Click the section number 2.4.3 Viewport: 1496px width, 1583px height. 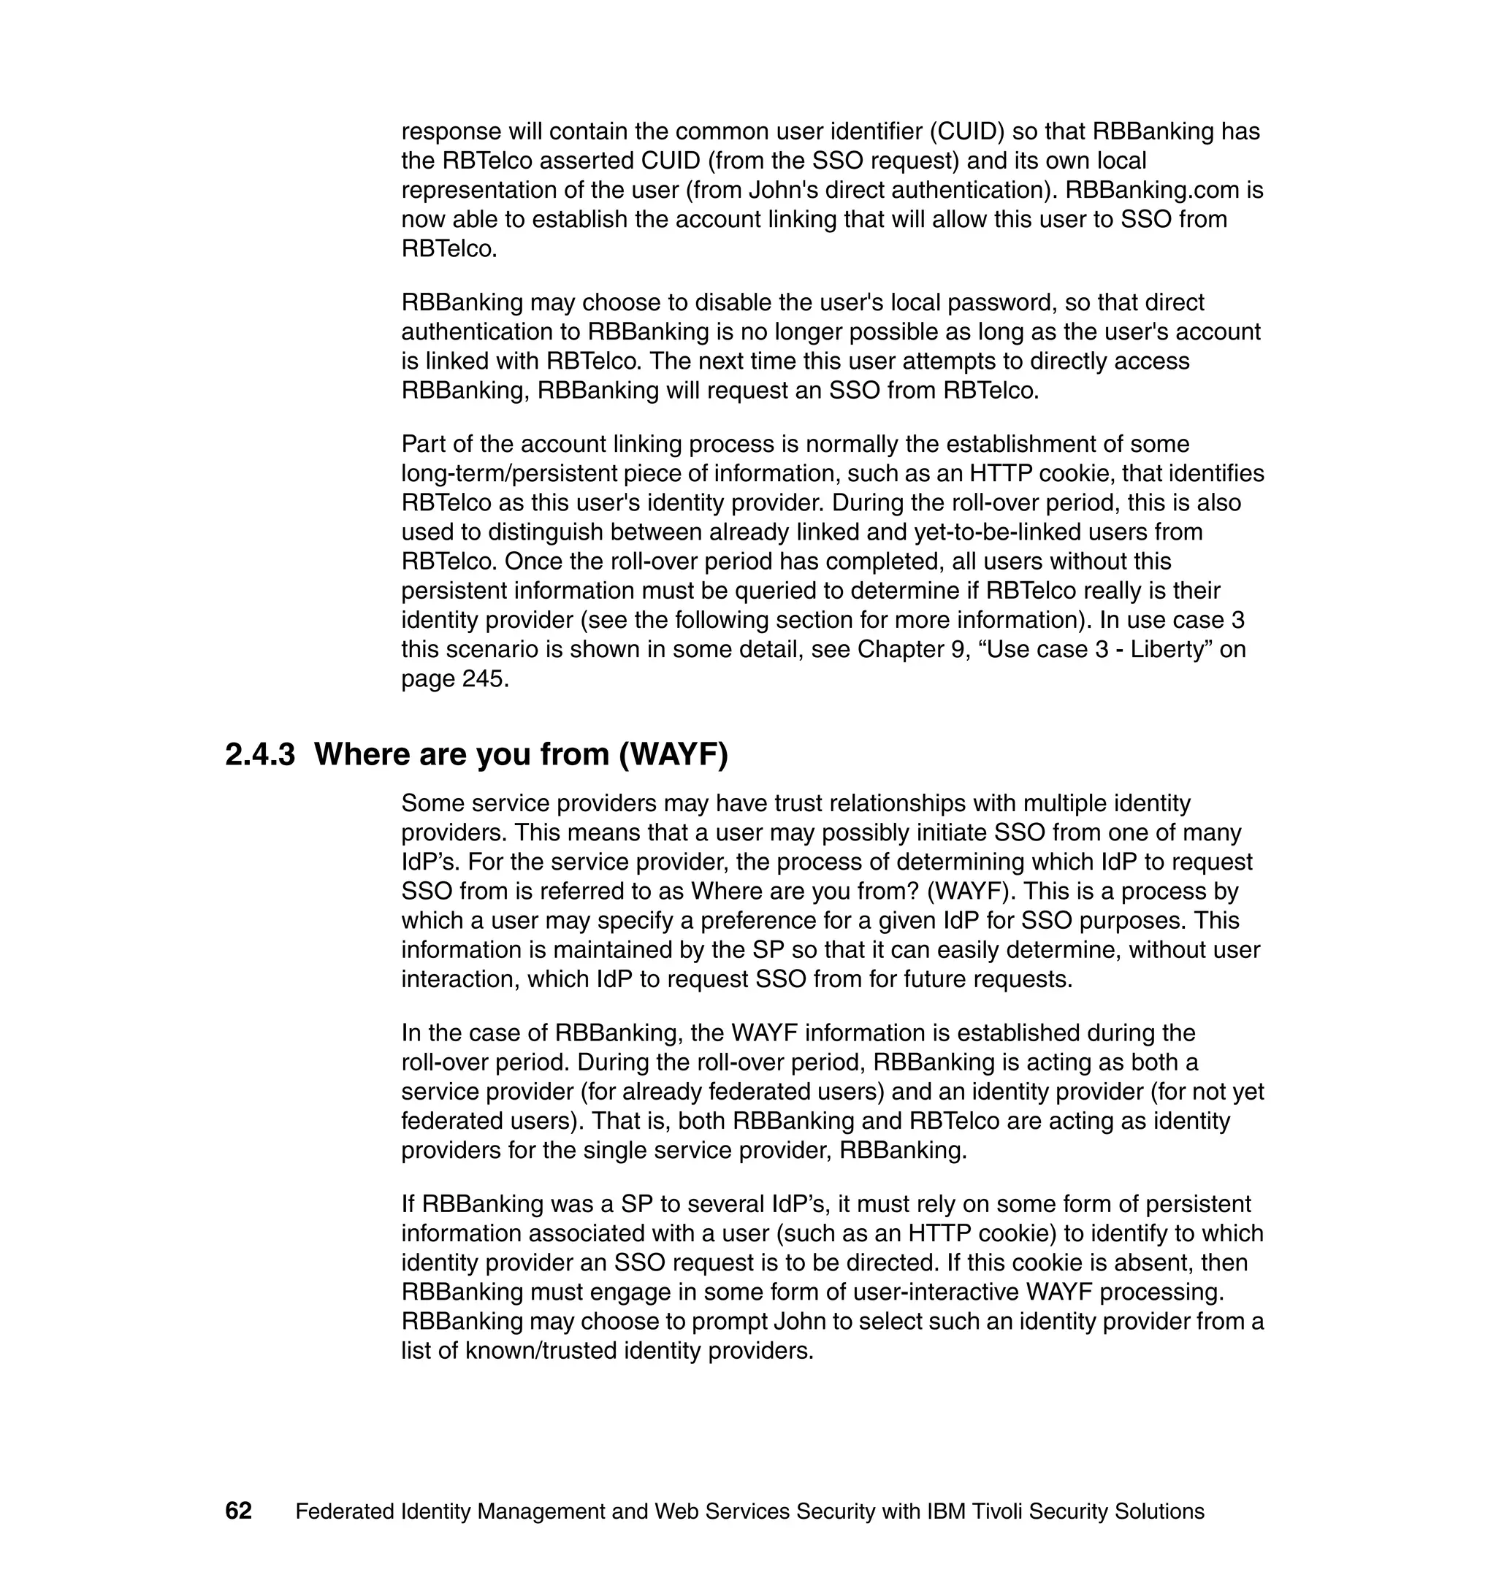click(x=260, y=754)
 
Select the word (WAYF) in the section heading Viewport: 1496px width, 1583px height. click(x=673, y=754)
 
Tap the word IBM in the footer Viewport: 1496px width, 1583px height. click(x=947, y=1512)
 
